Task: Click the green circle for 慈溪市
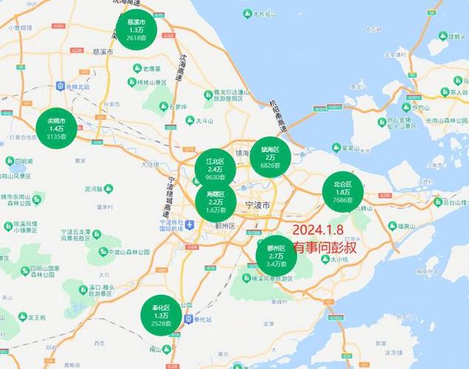click(136, 30)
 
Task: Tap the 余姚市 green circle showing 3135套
click(56, 128)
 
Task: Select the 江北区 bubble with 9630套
click(215, 169)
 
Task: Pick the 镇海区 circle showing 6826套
click(270, 156)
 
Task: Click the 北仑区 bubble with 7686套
click(342, 192)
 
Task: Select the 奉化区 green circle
click(161, 315)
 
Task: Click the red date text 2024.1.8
click(318, 230)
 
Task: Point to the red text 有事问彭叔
click(324, 247)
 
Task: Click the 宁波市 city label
click(256, 204)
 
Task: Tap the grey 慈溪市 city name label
click(102, 52)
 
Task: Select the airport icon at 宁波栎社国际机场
click(190, 224)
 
